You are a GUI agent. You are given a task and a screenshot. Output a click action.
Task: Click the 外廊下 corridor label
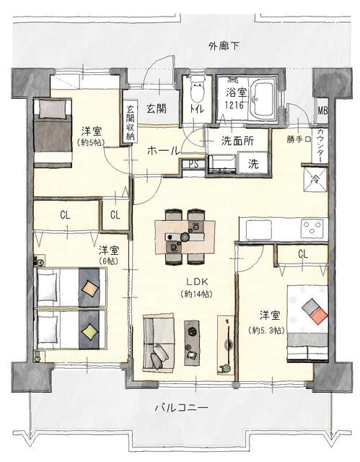point(224,46)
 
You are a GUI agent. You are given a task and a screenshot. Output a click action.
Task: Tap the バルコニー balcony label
point(182,408)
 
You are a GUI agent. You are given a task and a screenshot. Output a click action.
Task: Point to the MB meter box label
point(322,110)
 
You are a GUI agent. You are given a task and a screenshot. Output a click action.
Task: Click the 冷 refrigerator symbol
point(315,179)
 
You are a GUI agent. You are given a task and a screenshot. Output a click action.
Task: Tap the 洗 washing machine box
point(253,164)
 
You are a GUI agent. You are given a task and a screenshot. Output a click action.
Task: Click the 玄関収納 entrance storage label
point(131,123)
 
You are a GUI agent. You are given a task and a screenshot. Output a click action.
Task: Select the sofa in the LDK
point(159,342)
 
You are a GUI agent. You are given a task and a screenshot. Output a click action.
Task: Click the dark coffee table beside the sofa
point(193,343)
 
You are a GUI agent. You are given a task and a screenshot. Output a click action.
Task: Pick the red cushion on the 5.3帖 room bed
point(319,316)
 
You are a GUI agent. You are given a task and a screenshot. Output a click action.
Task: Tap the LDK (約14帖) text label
point(197,288)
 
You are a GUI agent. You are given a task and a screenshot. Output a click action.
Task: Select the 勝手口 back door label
point(299,139)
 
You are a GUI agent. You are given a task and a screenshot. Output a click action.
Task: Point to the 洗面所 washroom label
point(237,141)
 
